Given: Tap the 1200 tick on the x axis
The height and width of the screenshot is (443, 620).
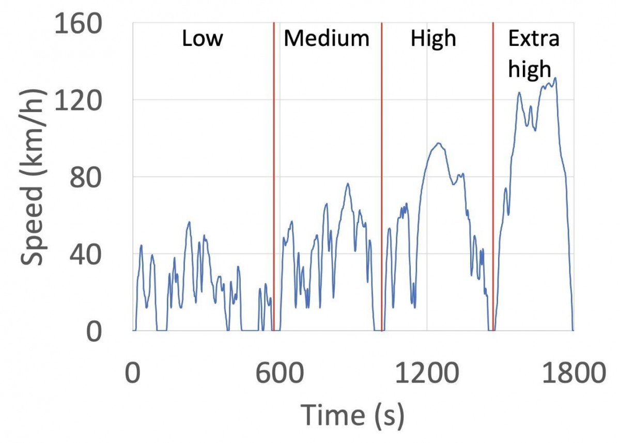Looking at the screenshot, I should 427,373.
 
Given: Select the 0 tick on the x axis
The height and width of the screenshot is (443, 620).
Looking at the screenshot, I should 133,373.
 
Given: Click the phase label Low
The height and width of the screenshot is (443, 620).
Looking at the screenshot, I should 203,39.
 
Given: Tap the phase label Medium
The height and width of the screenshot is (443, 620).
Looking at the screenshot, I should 327,39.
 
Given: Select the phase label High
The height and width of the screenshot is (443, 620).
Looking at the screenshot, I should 433,39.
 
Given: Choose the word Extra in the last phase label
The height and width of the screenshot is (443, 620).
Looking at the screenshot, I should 534,39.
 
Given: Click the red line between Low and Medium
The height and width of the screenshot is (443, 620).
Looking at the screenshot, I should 273,176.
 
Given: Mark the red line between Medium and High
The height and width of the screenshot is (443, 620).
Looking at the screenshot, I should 381,176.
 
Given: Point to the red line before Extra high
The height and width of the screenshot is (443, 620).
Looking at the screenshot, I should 493,176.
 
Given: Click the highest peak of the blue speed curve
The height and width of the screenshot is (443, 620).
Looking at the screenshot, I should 555,78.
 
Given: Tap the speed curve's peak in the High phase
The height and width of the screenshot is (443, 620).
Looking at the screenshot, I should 439,143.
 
